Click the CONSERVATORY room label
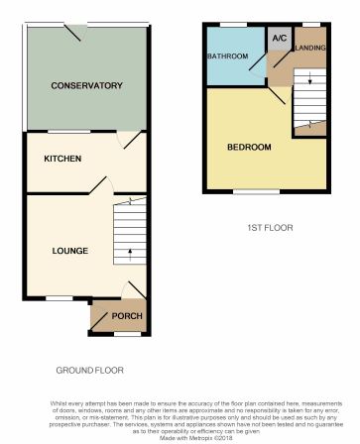click(x=86, y=85)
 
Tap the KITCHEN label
click(x=62, y=159)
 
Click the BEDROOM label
click(x=249, y=148)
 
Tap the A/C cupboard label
click(x=279, y=39)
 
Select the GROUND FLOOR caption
click(x=89, y=370)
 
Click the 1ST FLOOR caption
click(x=270, y=228)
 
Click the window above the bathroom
click(x=234, y=23)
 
